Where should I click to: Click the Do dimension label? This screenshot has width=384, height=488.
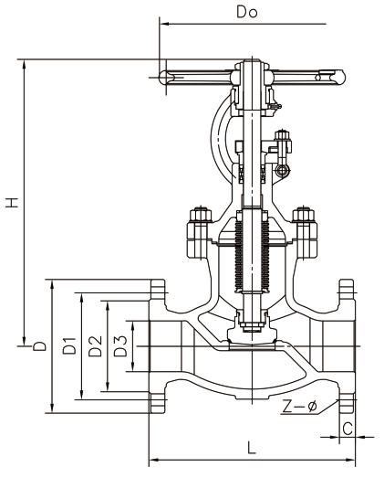(247, 12)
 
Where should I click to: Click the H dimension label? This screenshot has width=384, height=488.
(13, 202)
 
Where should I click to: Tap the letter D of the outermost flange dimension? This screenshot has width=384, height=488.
(40, 346)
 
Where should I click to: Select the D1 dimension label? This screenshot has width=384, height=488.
(69, 345)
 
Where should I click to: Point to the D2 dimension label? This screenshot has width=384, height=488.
(95, 345)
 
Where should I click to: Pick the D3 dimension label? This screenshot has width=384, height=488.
(120, 345)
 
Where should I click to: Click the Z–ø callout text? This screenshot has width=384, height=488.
(299, 406)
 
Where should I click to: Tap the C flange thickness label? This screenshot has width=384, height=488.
(348, 429)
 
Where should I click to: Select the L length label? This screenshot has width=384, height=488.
(252, 448)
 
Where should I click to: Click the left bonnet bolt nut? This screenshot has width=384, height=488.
(200, 214)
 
